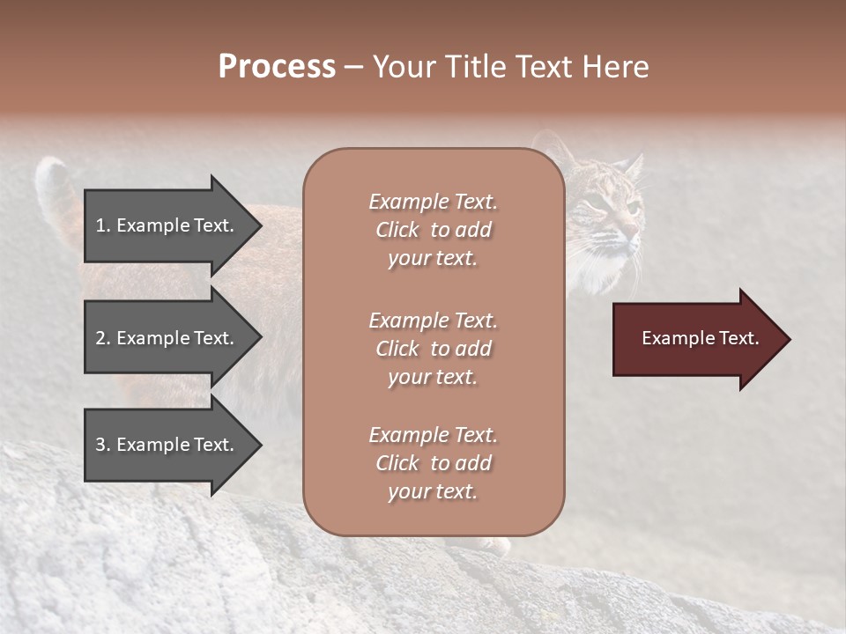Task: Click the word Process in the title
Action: tap(277, 66)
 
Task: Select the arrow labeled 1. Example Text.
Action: tap(167, 225)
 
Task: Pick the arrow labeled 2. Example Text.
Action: tap(167, 338)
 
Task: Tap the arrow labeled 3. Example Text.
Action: tap(167, 445)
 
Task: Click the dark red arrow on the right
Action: tap(696, 339)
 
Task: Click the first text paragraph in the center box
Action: tap(433, 230)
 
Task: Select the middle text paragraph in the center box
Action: tap(433, 349)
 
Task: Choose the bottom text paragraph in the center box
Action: tap(433, 463)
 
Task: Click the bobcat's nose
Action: tap(634, 231)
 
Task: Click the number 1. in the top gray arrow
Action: tap(103, 225)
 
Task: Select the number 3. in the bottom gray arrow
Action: tap(103, 445)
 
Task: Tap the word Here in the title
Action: tap(616, 66)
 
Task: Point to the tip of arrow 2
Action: tap(260, 338)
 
